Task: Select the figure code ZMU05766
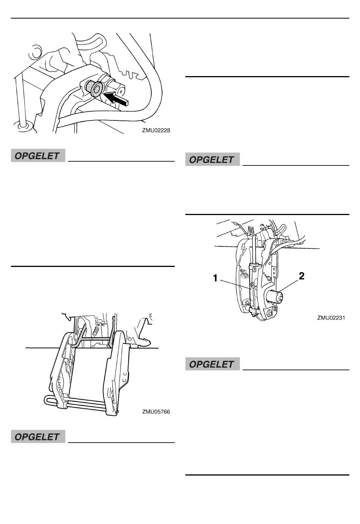pyautogui.click(x=156, y=412)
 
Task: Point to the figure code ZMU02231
pyautogui.click(x=331, y=318)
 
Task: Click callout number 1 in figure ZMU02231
pyautogui.click(x=215, y=279)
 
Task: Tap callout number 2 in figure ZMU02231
pyautogui.click(x=302, y=276)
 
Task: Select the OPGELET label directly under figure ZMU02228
pyautogui.click(x=38, y=156)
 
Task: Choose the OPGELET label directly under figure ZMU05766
pyautogui.click(x=38, y=437)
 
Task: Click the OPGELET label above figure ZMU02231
pyautogui.click(x=212, y=160)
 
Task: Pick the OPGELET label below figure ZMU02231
pyautogui.click(x=212, y=364)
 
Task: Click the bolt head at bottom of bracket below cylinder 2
pyautogui.click(x=269, y=313)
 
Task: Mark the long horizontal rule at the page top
pyautogui.click(x=180, y=18)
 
